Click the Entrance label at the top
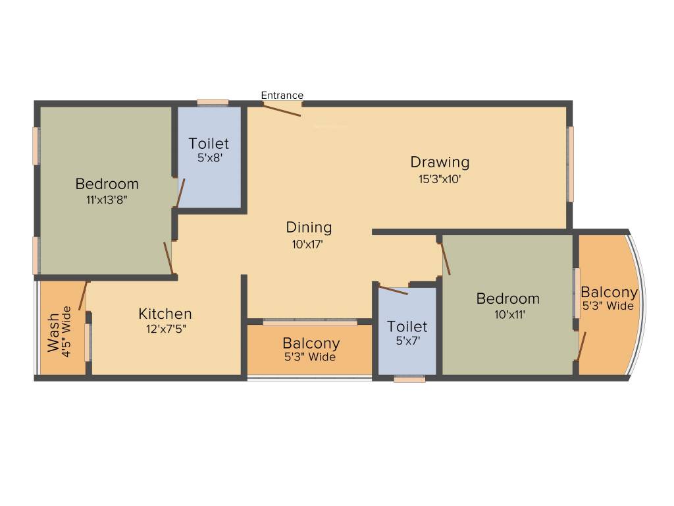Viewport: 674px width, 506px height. pos(282,96)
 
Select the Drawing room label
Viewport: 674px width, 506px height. pos(440,161)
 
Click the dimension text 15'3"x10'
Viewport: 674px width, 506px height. pos(440,179)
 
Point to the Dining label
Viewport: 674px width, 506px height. pos(309,227)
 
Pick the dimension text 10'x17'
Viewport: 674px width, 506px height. pos(309,244)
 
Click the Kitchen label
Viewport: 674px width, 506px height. pos(165,314)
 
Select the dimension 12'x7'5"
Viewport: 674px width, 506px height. pos(166,329)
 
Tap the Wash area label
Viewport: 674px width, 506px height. pos(53,337)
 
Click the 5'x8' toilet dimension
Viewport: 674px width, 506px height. pos(209,158)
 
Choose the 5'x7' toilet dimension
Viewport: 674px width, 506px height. pos(407,341)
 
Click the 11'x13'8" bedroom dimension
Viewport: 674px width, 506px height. pos(106,200)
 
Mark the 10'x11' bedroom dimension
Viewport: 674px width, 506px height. pos(507,314)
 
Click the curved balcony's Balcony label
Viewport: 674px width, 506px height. pos(609,292)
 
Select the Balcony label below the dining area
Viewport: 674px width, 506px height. pos(311,343)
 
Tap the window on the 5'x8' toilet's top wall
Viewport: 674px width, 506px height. pos(213,102)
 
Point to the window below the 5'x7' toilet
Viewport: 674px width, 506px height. pos(409,379)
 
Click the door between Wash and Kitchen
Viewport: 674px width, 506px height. pos(83,296)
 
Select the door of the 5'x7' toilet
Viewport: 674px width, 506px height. pos(394,290)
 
